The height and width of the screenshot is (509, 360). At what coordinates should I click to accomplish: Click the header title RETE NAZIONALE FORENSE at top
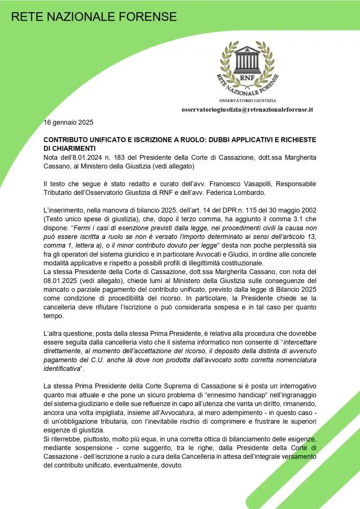[94, 17]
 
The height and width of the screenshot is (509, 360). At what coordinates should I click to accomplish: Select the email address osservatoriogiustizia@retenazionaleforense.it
[247, 109]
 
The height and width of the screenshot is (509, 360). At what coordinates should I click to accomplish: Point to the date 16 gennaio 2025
[68, 122]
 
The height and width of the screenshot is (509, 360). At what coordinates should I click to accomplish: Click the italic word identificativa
[63, 369]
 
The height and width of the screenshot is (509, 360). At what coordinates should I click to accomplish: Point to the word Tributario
[59, 193]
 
